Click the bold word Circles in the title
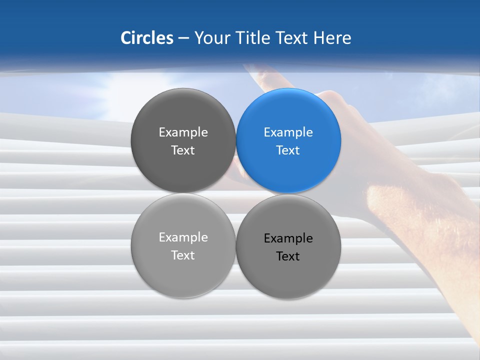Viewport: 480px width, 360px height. tap(147, 38)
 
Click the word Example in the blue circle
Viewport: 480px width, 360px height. tap(288, 132)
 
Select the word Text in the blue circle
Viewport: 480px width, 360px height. tap(288, 150)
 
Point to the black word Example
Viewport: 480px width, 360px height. tap(288, 238)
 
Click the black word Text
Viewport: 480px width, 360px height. tap(288, 256)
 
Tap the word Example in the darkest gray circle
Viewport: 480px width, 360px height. tap(183, 132)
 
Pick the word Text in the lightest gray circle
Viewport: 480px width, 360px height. tap(183, 255)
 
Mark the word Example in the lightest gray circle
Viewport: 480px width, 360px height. tap(183, 237)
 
